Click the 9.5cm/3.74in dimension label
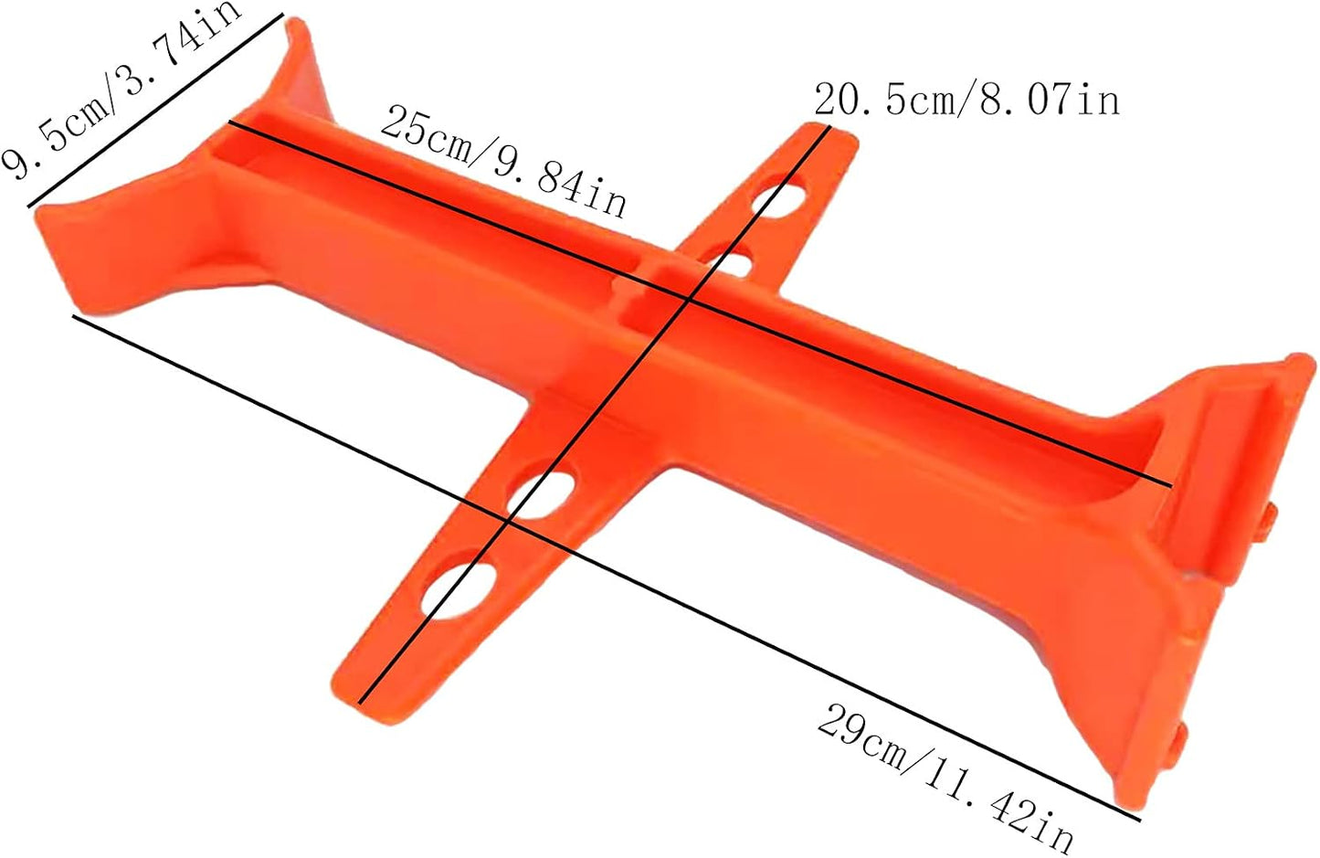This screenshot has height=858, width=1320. pos(121,89)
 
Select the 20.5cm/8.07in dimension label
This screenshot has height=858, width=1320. pos(967,100)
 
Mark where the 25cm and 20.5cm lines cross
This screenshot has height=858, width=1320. pos(689,301)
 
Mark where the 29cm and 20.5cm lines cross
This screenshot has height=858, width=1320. pos(508,521)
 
